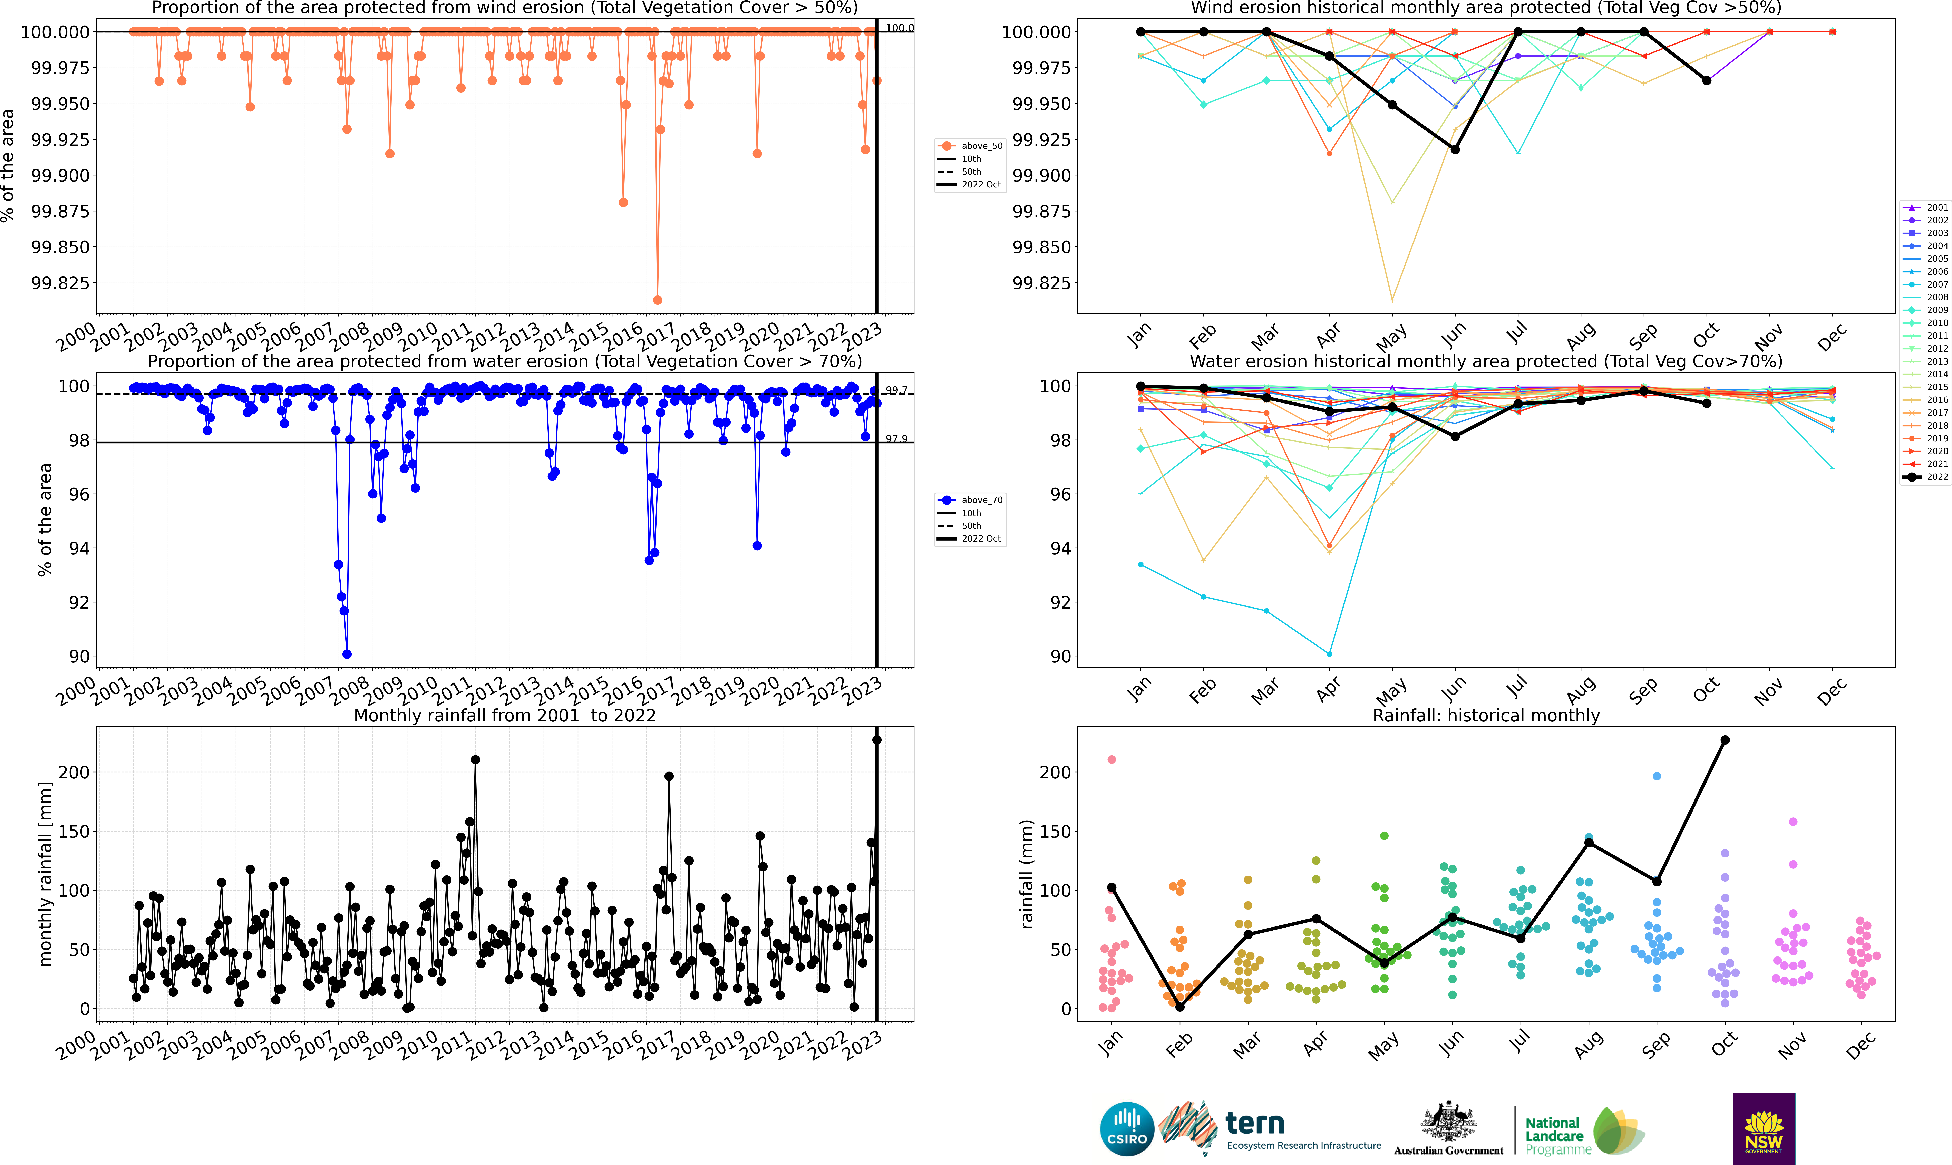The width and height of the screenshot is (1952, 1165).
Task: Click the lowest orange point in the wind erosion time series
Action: tap(658, 300)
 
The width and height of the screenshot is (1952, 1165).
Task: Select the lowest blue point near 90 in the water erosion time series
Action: tap(347, 654)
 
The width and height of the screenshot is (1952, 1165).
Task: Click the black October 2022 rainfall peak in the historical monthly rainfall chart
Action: tap(1725, 739)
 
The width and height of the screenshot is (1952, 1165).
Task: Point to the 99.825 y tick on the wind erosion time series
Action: tap(60, 283)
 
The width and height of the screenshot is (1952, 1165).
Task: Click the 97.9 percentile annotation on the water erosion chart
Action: tap(896, 439)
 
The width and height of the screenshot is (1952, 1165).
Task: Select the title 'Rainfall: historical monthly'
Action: tap(1486, 715)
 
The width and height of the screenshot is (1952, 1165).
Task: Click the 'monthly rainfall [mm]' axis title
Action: tap(46, 874)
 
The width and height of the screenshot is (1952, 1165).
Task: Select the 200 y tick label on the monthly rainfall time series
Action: tap(75, 772)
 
